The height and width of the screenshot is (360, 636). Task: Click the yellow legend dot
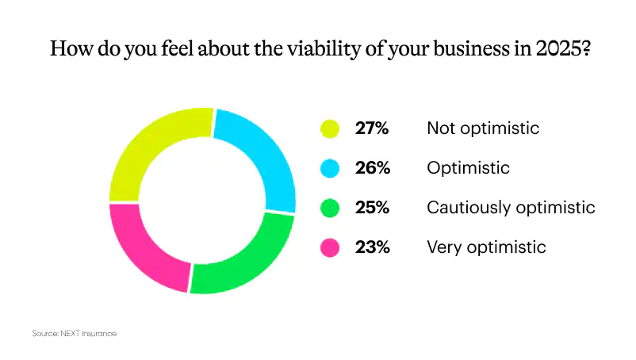[x=330, y=128]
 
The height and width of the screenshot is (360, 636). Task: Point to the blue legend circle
[x=330, y=168]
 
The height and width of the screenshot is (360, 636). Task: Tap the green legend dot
[x=330, y=208]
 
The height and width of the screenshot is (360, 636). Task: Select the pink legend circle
[x=330, y=247]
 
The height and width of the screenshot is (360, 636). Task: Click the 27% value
[x=371, y=128]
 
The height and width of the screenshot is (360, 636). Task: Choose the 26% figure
[x=371, y=168]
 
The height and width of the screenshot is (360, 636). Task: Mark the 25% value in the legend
[x=371, y=208]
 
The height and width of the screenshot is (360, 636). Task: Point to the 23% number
[x=371, y=247]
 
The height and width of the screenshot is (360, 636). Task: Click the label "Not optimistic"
[x=482, y=128]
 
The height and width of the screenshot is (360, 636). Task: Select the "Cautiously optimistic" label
[x=510, y=208]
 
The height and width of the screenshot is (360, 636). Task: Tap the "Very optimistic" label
[x=486, y=247]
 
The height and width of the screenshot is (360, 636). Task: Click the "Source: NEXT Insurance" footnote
[x=74, y=334]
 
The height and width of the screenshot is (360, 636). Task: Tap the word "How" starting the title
[x=67, y=48]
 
